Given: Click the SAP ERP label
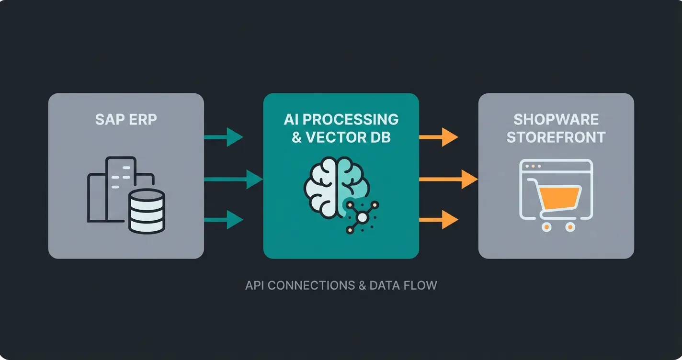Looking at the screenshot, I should click(126, 119).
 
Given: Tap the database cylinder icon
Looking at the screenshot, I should click(147, 211).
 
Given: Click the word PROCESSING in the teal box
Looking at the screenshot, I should click(352, 119).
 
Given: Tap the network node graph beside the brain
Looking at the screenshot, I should click(362, 217).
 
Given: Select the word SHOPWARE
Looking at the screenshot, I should click(556, 119).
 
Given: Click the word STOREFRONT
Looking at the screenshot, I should click(556, 137).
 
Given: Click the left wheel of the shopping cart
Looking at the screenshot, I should click(546, 227).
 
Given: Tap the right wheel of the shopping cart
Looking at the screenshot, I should click(570, 227).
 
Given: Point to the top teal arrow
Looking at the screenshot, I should click(224, 137).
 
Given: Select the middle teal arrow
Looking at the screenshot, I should click(233, 180).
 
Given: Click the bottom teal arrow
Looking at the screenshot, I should click(224, 220).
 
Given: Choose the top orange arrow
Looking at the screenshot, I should click(438, 137).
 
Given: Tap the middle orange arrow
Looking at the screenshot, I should click(448, 180).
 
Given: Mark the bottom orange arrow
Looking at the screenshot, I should click(438, 220).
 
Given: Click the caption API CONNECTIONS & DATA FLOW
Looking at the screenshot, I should click(341, 286).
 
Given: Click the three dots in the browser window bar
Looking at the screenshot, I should click(533, 167).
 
